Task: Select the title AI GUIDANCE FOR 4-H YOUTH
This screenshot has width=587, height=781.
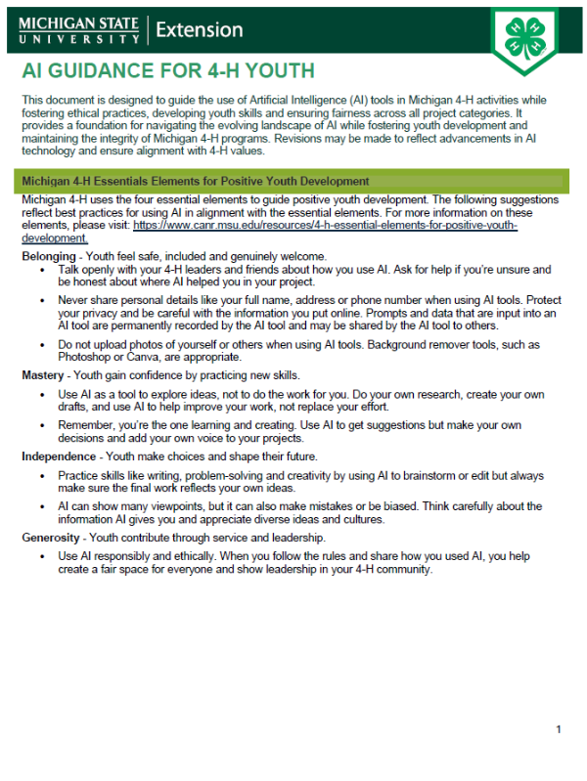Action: (168, 71)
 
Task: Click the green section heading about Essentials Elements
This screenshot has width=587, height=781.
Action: (196, 181)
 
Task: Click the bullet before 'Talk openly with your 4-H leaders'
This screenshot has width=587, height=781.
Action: (40, 269)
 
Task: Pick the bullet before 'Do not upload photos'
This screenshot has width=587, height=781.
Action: (40, 346)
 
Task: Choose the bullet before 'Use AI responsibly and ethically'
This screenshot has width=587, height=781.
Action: (40, 555)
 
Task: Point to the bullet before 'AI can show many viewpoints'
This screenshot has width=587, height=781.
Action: (40, 506)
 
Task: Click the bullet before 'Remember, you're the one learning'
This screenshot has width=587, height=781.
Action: (40, 426)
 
